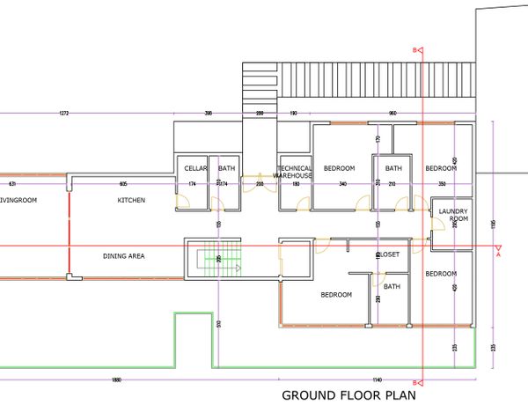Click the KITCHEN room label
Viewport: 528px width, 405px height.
tap(131, 201)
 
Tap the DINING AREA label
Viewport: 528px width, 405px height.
tap(123, 256)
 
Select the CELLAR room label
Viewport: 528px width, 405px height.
tap(194, 168)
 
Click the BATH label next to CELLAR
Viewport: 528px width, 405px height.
tap(227, 168)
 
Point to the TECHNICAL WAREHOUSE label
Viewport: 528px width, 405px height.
tap(294, 172)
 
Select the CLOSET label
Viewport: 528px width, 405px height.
tap(388, 254)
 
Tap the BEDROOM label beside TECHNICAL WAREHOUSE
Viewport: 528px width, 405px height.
tap(339, 168)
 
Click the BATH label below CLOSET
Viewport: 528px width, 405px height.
tap(392, 286)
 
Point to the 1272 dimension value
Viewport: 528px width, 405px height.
tap(63, 114)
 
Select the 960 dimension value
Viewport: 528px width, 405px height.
tap(392, 114)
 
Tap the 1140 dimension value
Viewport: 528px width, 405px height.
tap(377, 379)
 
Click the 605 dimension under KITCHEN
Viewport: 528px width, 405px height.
tap(124, 184)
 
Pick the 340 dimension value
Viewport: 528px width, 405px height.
tap(343, 184)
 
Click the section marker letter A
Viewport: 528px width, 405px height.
tap(498, 256)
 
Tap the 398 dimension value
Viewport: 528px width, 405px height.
tap(208, 114)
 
